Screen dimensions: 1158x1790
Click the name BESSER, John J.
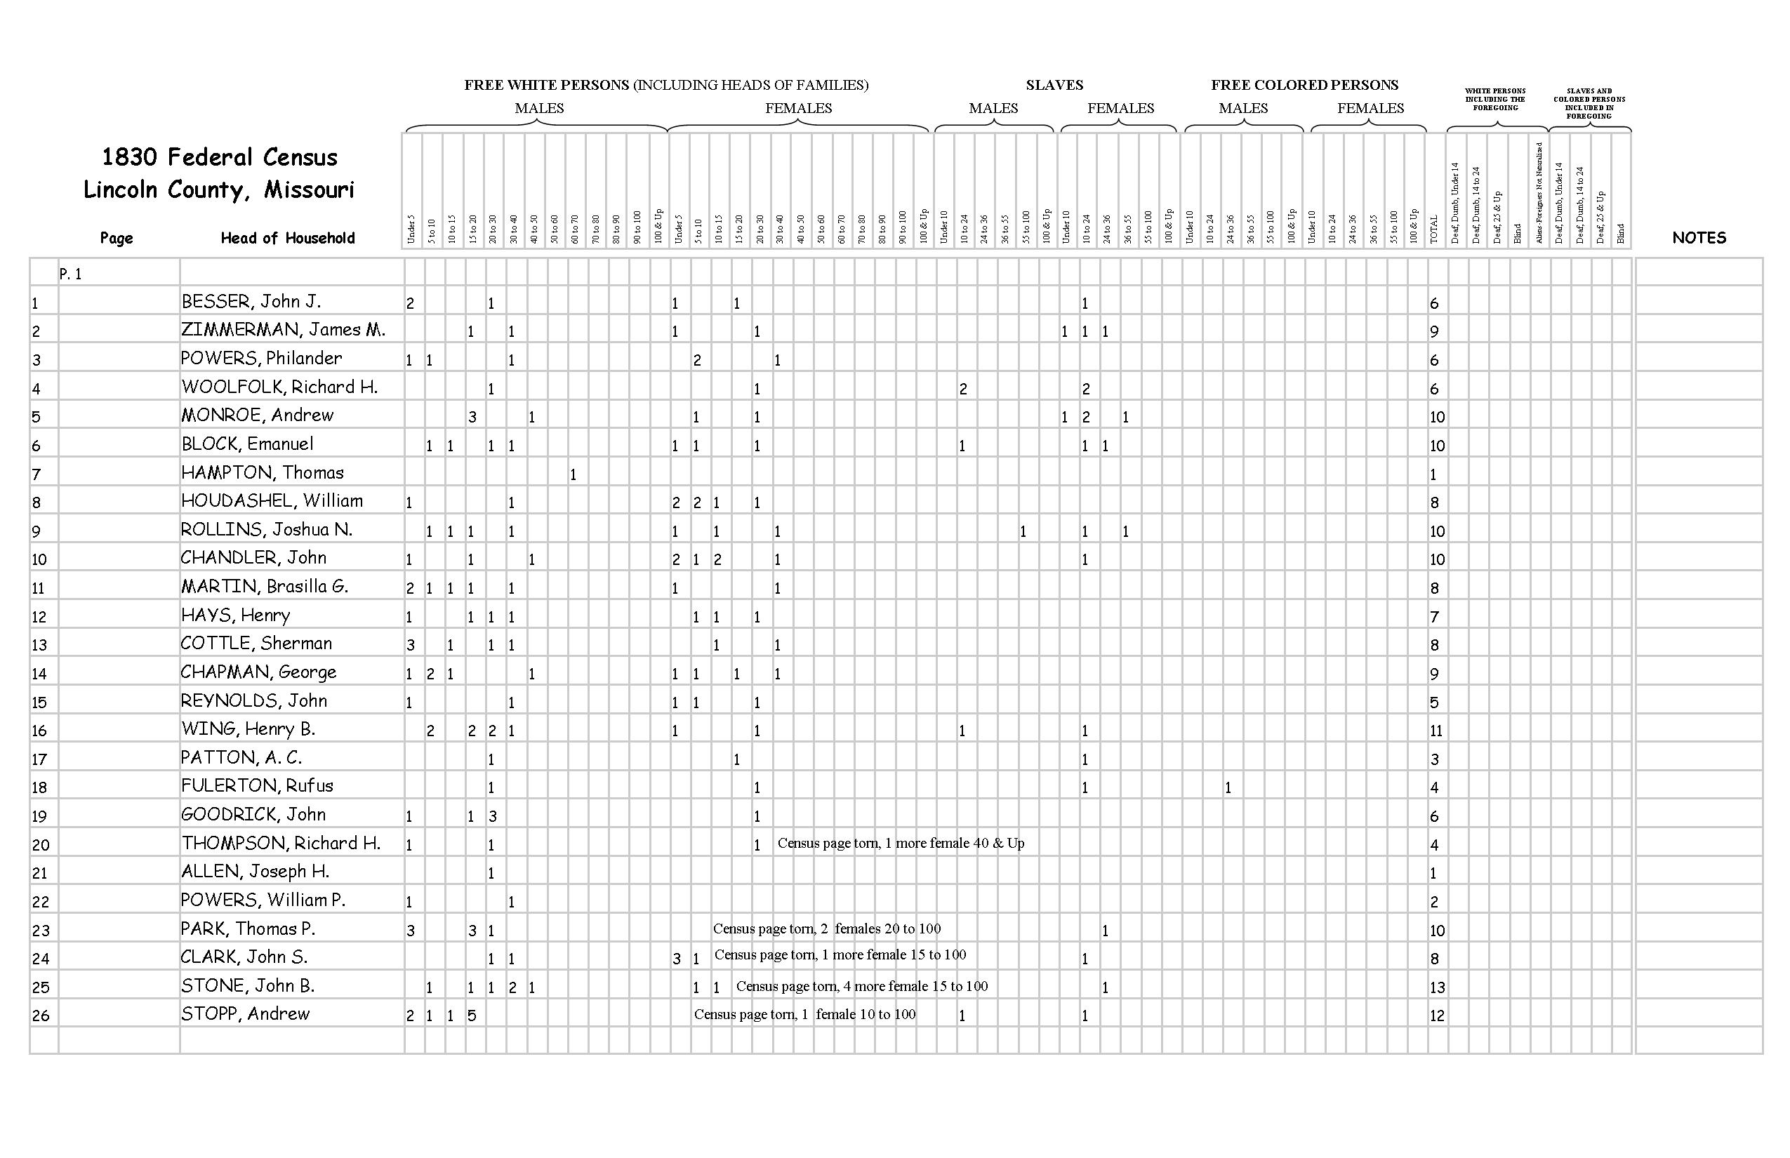point(251,302)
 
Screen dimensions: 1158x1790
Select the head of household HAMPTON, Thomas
point(263,473)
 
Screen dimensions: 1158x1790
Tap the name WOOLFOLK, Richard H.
point(279,387)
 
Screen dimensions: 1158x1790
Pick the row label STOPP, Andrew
point(245,1013)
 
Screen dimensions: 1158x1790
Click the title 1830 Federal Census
point(219,157)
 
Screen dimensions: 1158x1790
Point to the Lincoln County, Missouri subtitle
point(218,189)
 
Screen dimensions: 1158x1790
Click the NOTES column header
point(1699,238)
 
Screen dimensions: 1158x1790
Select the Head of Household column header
point(287,239)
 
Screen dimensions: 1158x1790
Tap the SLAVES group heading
point(1054,85)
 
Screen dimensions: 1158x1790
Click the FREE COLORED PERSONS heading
point(1304,85)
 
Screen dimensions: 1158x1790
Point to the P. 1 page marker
point(70,274)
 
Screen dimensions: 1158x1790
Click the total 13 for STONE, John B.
point(1436,987)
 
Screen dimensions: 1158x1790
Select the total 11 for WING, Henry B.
point(1436,730)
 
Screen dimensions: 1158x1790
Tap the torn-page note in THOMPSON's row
point(900,843)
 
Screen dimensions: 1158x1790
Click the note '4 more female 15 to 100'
point(862,986)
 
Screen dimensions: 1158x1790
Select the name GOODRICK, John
point(253,814)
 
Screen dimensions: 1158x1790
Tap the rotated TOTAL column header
point(1433,229)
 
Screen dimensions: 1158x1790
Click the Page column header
point(117,239)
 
